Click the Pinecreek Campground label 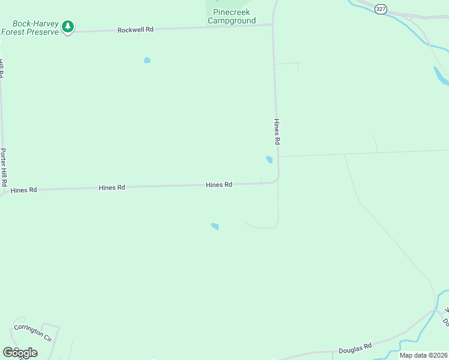pyautogui.click(x=232, y=16)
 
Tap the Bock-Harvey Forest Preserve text pyautogui.click(x=30, y=27)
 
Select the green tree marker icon pyautogui.click(x=68, y=26)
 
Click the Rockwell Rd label pyautogui.click(x=136, y=29)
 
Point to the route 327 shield pyautogui.click(x=381, y=8)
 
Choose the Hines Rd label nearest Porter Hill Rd pyautogui.click(x=24, y=190)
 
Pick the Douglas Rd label pyautogui.click(x=356, y=346)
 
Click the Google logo pyautogui.click(x=20, y=353)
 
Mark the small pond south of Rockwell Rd pyautogui.click(x=147, y=60)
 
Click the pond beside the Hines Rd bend pyautogui.click(x=269, y=160)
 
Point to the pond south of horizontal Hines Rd pyautogui.click(x=215, y=226)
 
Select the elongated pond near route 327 pyautogui.click(x=440, y=75)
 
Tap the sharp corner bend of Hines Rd pyautogui.click(x=277, y=180)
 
